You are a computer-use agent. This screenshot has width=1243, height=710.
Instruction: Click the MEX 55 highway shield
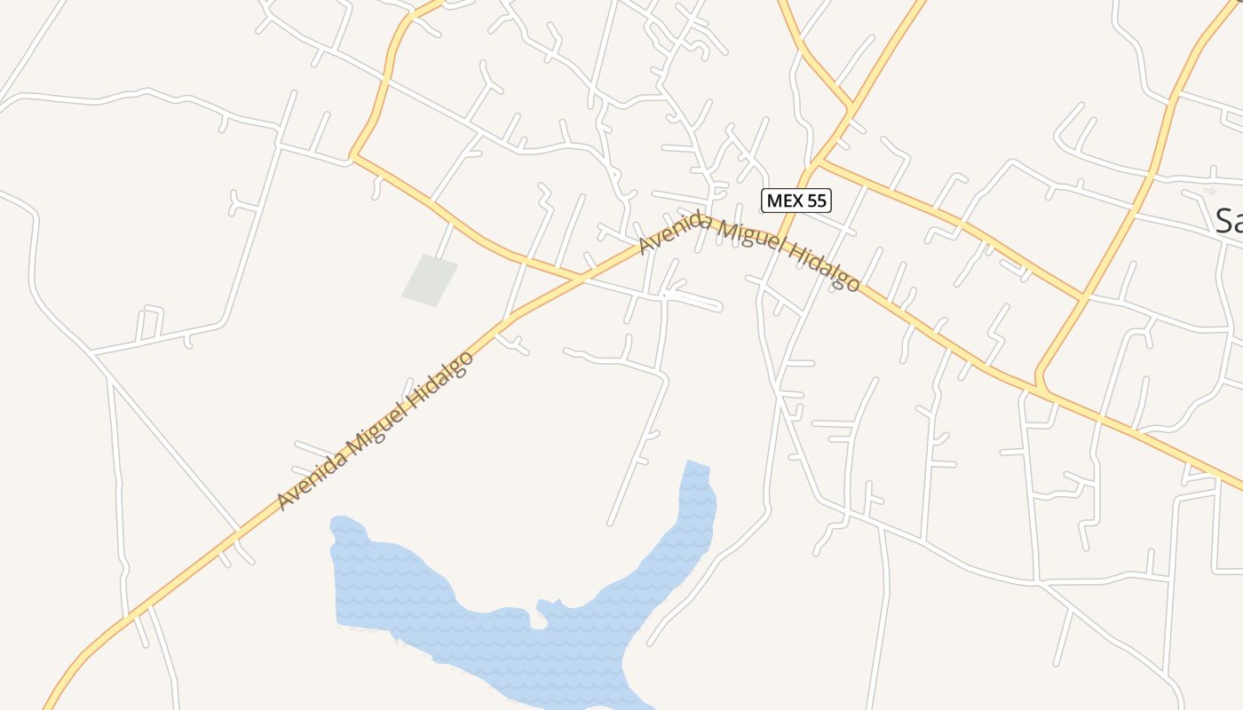(x=796, y=201)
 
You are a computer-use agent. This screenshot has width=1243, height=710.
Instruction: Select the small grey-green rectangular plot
(x=430, y=280)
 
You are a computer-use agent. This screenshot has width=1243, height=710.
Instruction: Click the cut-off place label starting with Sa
(x=1228, y=220)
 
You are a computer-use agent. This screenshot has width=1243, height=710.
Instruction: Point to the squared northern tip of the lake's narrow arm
(x=699, y=466)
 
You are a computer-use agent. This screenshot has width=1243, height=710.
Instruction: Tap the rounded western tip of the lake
(x=336, y=525)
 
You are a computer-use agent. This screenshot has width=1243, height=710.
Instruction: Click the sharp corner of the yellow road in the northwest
(x=352, y=157)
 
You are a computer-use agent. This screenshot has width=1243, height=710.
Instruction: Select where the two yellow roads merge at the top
(x=850, y=108)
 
